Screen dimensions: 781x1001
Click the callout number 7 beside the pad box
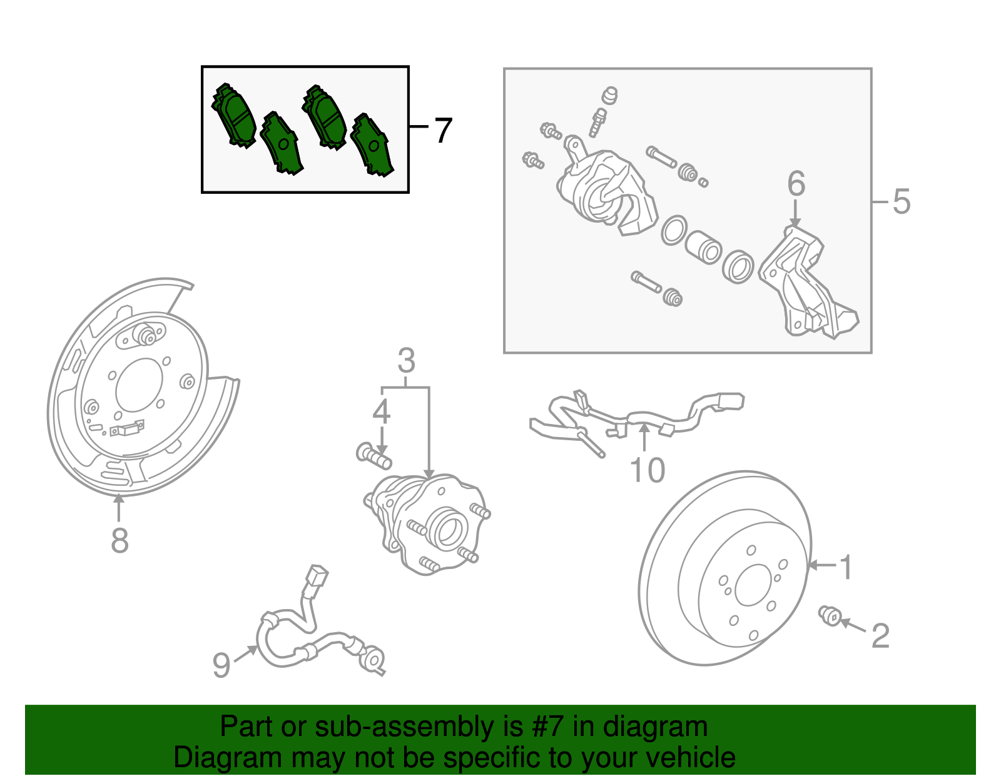(x=443, y=131)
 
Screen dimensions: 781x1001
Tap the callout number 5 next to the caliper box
(x=901, y=201)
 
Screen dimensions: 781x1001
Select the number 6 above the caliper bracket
(x=796, y=184)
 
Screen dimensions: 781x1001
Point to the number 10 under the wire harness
(x=647, y=470)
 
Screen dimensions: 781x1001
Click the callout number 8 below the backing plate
(x=119, y=540)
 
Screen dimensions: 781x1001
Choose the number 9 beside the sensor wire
(x=221, y=665)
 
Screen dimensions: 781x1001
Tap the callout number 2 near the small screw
(x=880, y=636)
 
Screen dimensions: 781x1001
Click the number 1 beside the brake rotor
(x=845, y=567)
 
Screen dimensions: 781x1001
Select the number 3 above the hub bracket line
(x=406, y=361)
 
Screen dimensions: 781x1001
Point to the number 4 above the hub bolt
(x=381, y=411)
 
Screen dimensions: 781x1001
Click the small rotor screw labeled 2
(x=830, y=615)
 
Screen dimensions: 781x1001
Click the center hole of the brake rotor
(x=753, y=585)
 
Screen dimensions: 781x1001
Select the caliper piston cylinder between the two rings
(x=703, y=246)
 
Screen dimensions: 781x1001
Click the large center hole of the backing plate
(x=139, y=385)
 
